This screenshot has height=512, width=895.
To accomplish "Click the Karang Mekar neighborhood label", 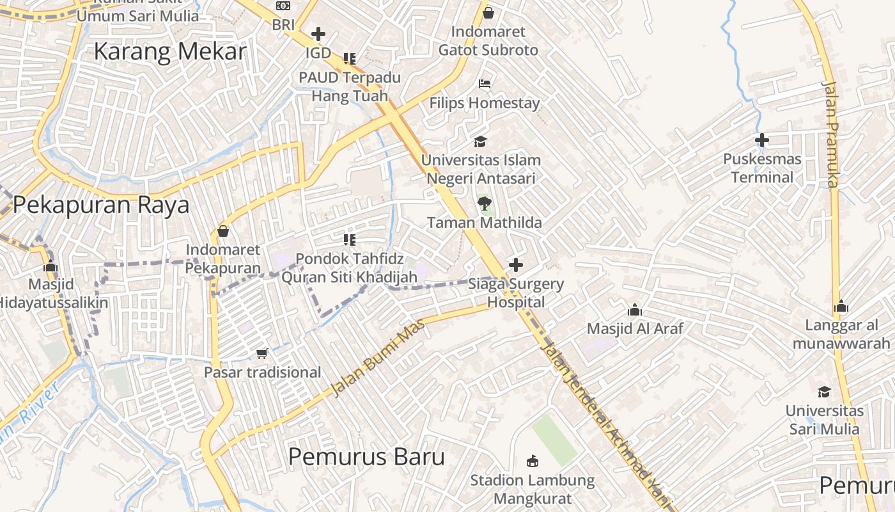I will (x=170, y=52).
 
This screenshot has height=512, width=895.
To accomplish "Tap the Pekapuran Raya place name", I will (x=101, y=205).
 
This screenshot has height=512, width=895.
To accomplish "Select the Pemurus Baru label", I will (x=366, y=457).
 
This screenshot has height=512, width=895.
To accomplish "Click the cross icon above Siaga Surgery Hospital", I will (x=515, y=264).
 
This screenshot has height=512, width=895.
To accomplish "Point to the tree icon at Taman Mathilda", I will (x=485, y=204).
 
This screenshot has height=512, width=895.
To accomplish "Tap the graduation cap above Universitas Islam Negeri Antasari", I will (x=480, y=141).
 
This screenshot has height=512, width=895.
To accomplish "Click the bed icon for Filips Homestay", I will (x=485, y=84).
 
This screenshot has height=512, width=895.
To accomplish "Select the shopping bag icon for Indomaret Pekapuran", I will (x=223, y=231).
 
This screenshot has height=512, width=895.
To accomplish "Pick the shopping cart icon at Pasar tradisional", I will (x=262, y=353).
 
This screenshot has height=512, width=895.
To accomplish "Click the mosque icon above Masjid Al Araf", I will (x=635, y=310).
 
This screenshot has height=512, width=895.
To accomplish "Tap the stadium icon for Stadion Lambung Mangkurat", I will (x=532, y=461).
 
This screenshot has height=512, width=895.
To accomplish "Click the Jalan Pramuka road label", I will (x=830, y=134).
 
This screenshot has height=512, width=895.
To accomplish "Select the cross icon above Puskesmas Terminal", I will (x=761, y=140).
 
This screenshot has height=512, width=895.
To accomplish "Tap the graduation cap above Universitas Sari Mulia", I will (x=825, y=392).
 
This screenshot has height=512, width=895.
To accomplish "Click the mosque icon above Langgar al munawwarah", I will (x=841, y=307).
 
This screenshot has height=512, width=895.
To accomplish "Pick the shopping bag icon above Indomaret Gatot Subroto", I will (x=488, y=13).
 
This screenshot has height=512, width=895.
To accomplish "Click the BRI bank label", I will (x=283, y=25).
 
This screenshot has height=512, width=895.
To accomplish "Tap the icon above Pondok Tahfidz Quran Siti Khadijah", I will (x=349, y=240).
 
